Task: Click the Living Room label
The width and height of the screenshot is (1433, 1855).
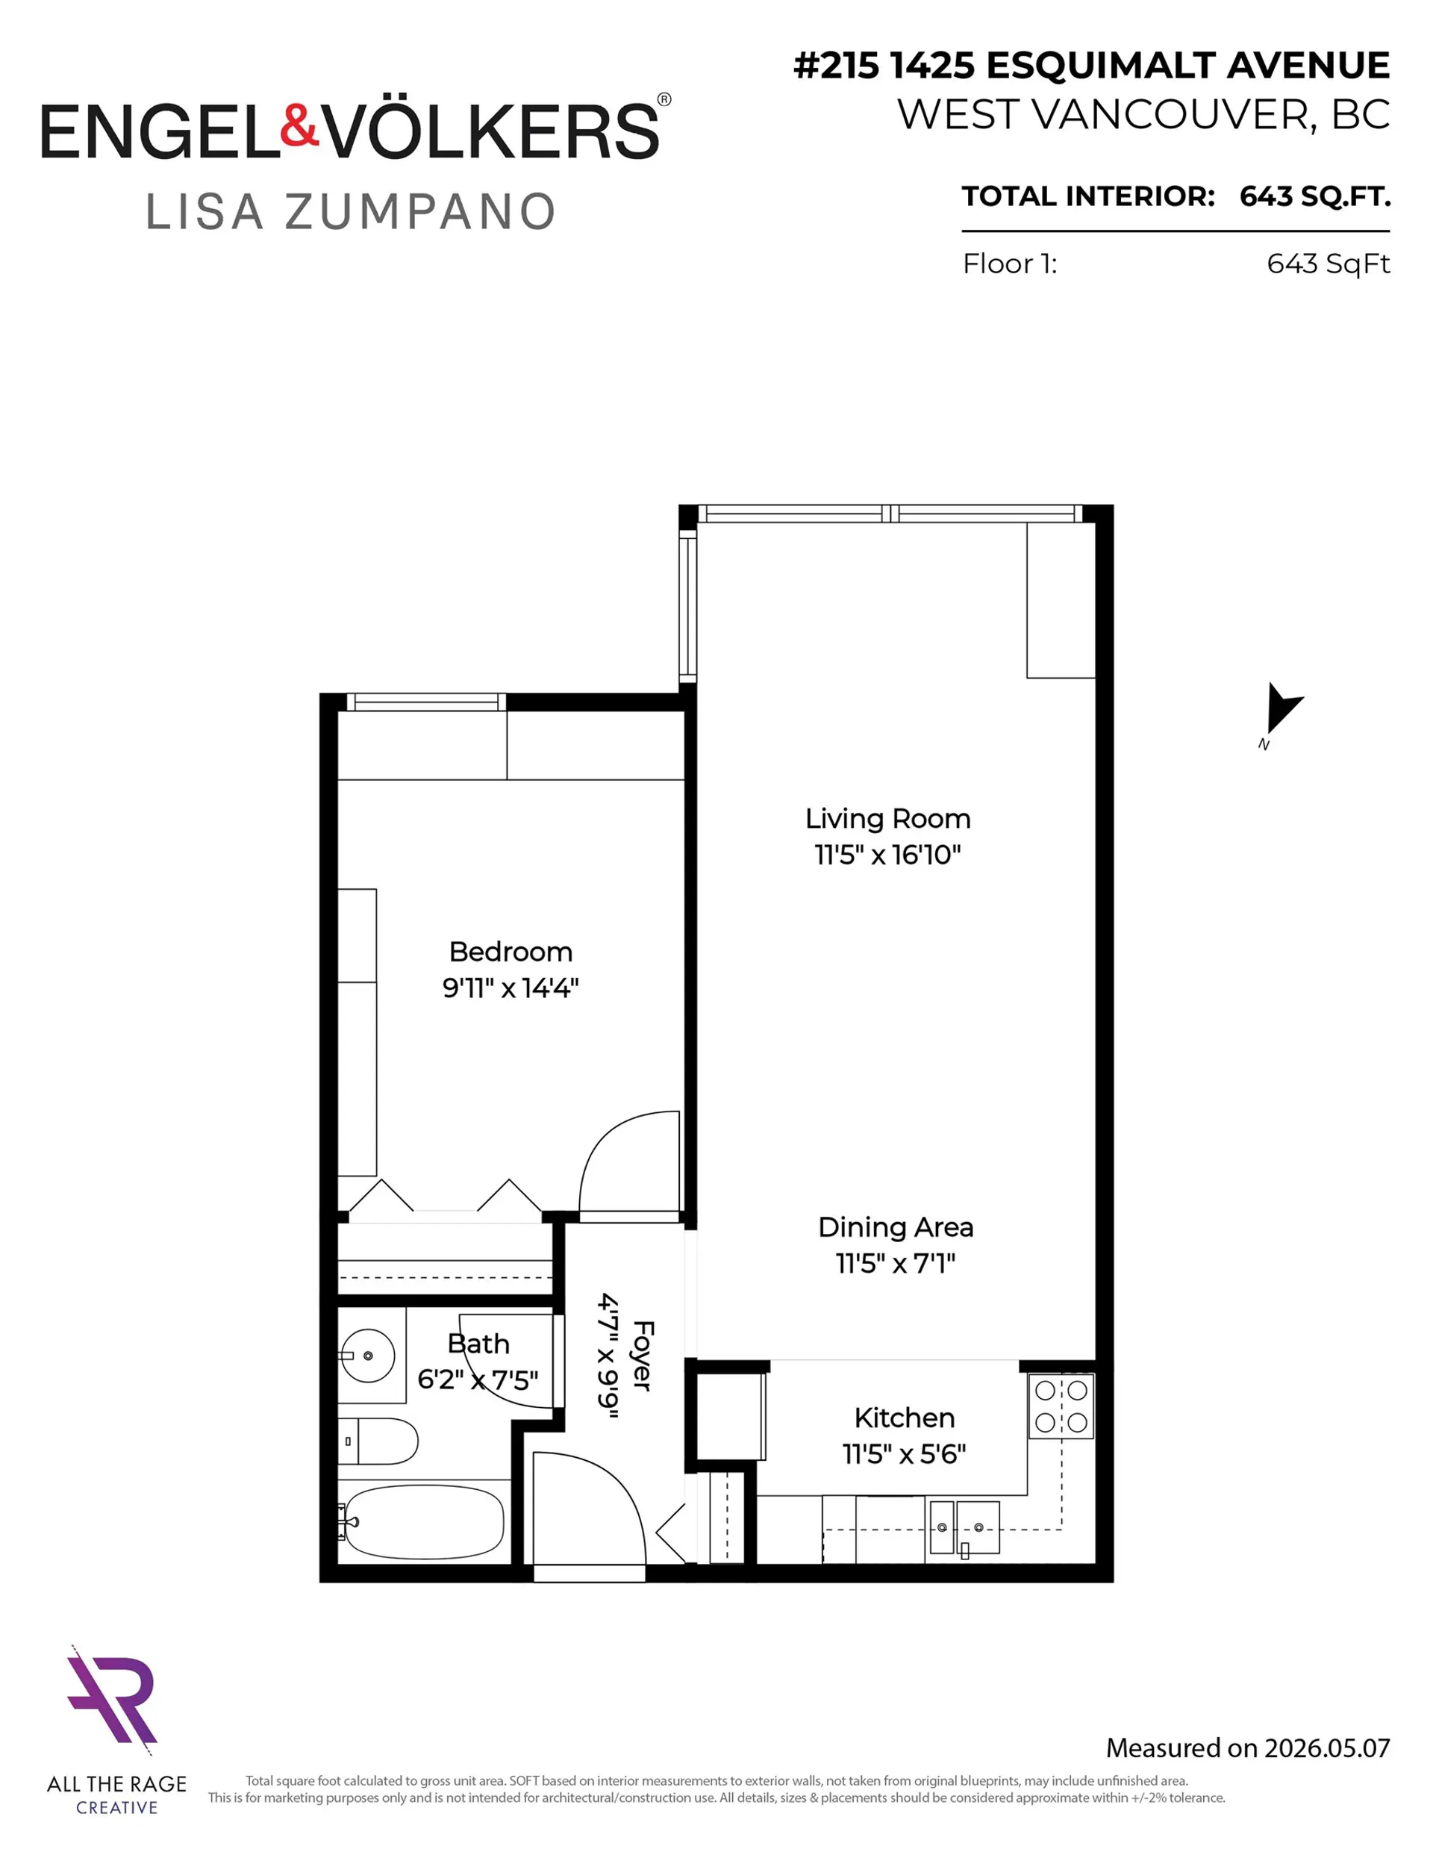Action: coord(887,819)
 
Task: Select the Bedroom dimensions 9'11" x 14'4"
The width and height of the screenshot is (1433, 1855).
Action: coord(511,988)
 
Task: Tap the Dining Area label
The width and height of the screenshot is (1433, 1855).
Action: coord(896,1228)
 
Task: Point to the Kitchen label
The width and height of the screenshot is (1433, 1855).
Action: coord(905,1418)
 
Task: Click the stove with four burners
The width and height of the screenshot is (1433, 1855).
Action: coord(1061,1406)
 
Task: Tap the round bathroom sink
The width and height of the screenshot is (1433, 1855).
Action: coord(368,1356)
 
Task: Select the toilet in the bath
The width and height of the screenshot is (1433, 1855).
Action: coord(378,1441)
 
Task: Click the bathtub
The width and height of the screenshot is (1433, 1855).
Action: coord(424,1523)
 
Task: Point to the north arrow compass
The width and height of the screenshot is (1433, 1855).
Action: coord(1281,710)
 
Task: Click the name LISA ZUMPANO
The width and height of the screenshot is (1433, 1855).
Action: coord(350,211)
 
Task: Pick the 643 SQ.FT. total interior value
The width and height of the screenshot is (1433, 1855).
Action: coord(1314,196)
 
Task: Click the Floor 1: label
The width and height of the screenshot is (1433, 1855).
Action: coord(1009,264)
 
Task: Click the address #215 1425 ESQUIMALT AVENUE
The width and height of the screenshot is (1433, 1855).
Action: coord(1090,66)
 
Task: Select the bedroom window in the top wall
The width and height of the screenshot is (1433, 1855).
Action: coord(425,702)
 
